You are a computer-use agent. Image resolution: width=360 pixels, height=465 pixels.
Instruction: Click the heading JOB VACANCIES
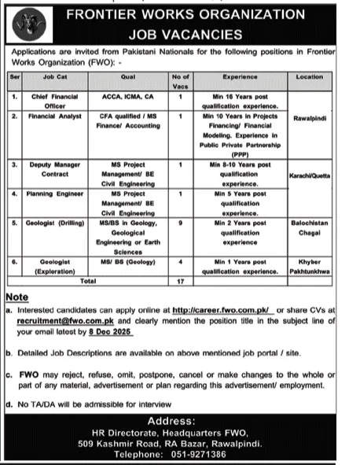(196, 35)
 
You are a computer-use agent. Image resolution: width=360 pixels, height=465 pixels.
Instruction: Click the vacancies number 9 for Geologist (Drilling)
(181, 223)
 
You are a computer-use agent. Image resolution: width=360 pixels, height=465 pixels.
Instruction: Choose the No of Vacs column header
(181, 78)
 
